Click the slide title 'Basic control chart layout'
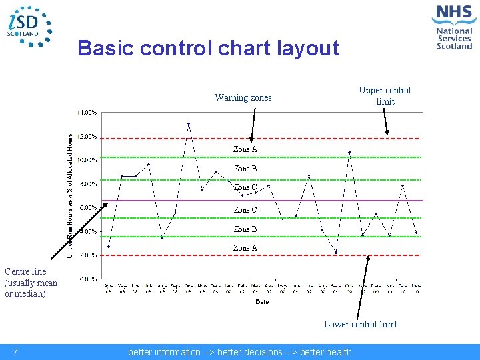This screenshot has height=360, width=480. click(208, 48)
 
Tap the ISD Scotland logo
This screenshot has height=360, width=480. click(28, 27)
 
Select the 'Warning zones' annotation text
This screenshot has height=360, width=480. click(243, 98)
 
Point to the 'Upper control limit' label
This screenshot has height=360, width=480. click(385, 96)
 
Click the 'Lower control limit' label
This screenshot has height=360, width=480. click(360, 325)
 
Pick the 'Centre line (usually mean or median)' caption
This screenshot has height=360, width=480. click(31, 283)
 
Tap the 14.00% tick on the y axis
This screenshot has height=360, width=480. click(89, 113)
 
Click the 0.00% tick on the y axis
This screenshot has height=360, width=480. click(89, 279)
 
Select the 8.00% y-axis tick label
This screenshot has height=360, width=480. click(89, 184)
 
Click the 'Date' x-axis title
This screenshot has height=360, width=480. click(262, 301)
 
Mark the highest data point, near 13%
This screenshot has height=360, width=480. click(189, 123)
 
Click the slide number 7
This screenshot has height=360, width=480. click(15, 352)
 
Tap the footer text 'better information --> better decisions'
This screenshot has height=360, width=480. click(239, 352)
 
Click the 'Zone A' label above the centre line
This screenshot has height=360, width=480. click(245, 150)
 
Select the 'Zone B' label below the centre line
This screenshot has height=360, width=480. click(245, 229)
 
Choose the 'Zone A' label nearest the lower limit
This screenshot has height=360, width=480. click(245, 248)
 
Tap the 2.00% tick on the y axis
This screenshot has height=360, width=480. click(89, 255)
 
